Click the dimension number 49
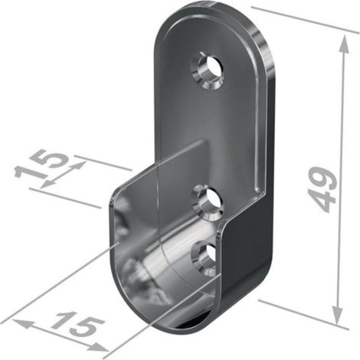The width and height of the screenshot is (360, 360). pyautogui.click(x=322, y=189)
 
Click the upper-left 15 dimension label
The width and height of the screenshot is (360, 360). pyautogui.click(x=41, y=164)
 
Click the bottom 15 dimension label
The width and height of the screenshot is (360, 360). pyautogui.click(x=77, y=323)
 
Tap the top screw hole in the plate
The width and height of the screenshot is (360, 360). pyautogui.click(x=208, y=70)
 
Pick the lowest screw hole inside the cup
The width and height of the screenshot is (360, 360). pyautogui.click(x=205, y=259)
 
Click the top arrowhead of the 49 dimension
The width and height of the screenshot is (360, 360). pyautogui.click(x=344, y=44)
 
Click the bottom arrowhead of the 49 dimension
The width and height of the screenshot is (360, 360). pyautogui.click(x=338, y=316)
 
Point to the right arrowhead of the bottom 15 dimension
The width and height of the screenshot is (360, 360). pyautogui.click(x=98, y=347)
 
